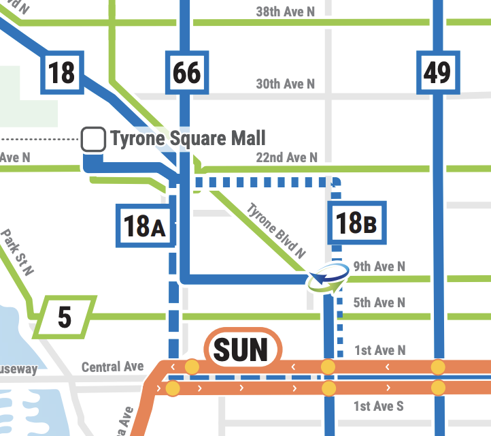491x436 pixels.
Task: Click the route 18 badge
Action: [x=62, y=72]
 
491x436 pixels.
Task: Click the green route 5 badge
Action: [x=65, y=317]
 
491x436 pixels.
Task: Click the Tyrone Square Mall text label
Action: [x=188, y=138]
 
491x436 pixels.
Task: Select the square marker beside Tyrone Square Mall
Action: [x=93, y=139]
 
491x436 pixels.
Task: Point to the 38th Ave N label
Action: [x=285, y=12]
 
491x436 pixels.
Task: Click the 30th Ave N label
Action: [x=285, y=84]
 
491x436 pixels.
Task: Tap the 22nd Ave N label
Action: [x=286, y=157]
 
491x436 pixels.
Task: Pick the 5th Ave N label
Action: [x=379, y=302]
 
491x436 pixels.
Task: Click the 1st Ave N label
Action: [x=379, y=350]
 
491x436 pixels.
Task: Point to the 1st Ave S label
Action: [x=378, y=406]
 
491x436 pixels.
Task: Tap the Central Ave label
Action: [x=112, y=367]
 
